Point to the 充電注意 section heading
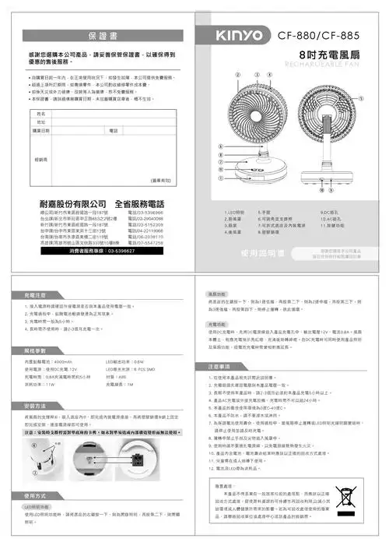point(37,297)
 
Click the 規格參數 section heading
point(37,352)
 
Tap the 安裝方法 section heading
point(37,406)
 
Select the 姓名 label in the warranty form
point(41,114)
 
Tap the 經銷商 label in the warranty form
point(41,156)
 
